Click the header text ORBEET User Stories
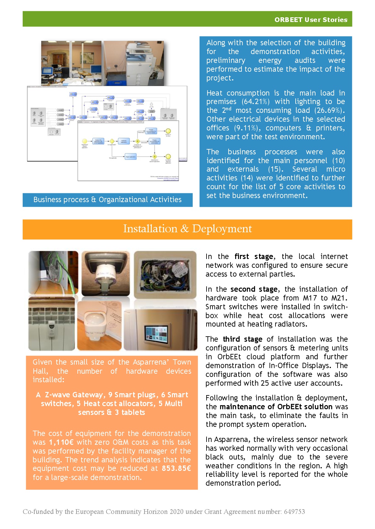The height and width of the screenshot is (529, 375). pyautogui.click(x=311, y=19)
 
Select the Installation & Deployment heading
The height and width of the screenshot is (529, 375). pyautogui.click(x=187, y=229)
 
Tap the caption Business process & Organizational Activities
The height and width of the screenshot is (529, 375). pyautogui.click(x=107, y=200)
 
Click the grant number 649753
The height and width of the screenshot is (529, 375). pyautogui.click(x=294, y=512)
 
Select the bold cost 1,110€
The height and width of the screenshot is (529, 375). pyautogui.click(x=61, y=442)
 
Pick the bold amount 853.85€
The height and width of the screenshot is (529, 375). pyautogui.click(x=176, y=468)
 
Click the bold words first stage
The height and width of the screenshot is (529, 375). pyautogui.click(x=254, y=256)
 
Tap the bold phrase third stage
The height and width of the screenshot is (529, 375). pyautogui.click(x=242, y=339)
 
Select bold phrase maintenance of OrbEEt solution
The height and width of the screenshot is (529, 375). pyautogui.click(x=276, y=407)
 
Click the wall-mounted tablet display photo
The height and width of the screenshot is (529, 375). pyautogui.click(x=161, y=330)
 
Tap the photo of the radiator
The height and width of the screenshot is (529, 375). pyautogui.click(x=51, y=324)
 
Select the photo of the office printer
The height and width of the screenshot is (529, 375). pyautogui.click(x=134, y=63)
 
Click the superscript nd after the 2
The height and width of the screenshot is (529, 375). pyautogui.click(x=228, y=108)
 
